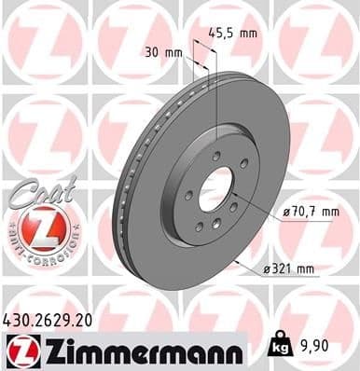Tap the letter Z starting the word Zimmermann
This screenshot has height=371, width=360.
(46, 349)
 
